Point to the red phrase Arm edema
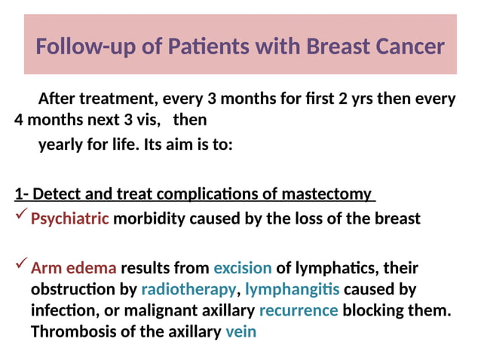(x=74, y=268)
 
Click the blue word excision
(x=243, y=268)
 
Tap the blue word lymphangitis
(x=293, y=289)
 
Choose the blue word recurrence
(x=299, y=310)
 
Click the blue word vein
(x=241, y=331)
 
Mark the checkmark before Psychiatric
(x=21, y=217)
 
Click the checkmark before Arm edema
(x=21, y=266)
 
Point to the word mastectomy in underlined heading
(x=326, y=194)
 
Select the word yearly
(x=61, y=145)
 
